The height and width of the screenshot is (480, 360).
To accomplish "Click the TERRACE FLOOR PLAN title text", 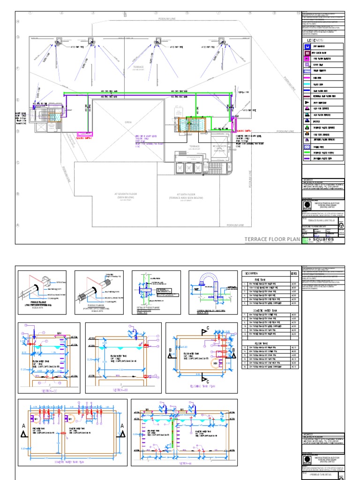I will click(272, 239).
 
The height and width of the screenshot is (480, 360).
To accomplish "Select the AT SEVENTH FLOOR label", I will click(125, 195).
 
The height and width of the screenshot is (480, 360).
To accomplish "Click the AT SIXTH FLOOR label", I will click(186, 195).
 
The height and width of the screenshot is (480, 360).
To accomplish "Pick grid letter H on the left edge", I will click(18, 22).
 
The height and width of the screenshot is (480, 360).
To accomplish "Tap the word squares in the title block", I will click(325, 238).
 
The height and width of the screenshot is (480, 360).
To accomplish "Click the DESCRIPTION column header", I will click(253, 273).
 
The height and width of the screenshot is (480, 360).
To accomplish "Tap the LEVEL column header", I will click(294, 273).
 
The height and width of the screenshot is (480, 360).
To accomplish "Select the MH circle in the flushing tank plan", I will click(216, 363).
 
